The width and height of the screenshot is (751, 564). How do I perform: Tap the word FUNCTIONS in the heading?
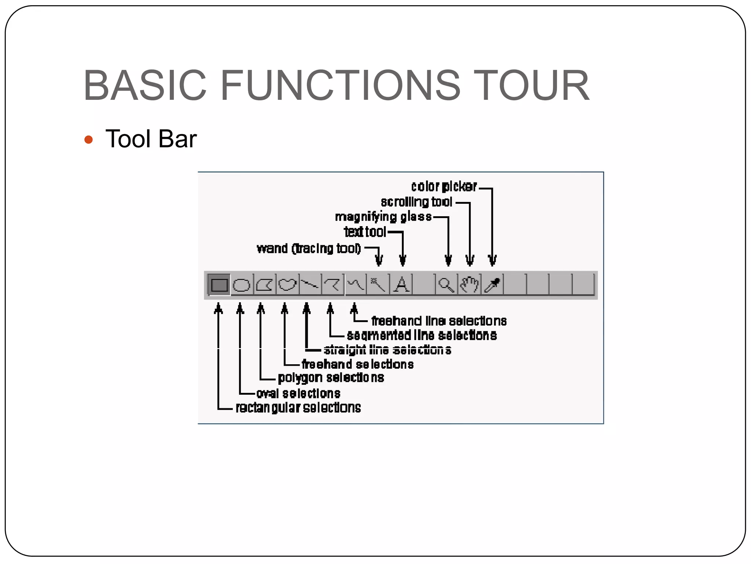click(340, 85)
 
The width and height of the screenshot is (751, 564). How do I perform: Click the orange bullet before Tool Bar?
click(88, 140)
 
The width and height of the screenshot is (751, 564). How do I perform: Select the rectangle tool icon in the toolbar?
click(219, 285)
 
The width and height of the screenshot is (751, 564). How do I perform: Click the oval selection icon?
click(242, 285)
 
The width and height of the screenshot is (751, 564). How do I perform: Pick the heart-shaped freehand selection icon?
click(287, 285)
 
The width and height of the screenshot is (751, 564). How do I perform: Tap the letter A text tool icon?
click(402, 285)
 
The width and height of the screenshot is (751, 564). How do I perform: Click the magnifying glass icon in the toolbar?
click(446, 285)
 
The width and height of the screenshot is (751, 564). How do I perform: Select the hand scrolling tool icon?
click(469, 285)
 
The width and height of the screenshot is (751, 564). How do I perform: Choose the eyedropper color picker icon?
click(492, 285)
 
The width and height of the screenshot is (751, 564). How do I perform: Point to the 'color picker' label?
click(444, 187)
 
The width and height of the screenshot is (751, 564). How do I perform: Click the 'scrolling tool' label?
click(417, 202)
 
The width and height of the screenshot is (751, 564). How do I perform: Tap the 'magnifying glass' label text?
click(383, 217)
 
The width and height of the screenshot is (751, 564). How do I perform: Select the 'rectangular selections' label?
click(298, 408)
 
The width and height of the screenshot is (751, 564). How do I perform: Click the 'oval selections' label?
click(298, 393)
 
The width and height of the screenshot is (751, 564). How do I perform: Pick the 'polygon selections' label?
click(331, 377)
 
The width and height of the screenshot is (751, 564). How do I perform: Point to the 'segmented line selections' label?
click(422, 335)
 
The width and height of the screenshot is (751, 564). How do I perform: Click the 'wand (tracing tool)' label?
click(309, 249)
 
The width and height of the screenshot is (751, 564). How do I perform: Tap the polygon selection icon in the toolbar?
click(264, 285)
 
